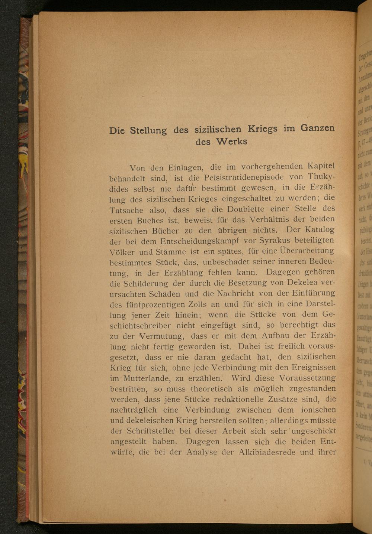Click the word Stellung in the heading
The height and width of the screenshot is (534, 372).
coord(148,130)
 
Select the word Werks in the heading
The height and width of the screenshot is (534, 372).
coord(231,141)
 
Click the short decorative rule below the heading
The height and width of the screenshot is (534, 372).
coord(221,153)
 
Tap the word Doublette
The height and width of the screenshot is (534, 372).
coord(246,209)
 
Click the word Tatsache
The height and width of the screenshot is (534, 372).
coord(126,210)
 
